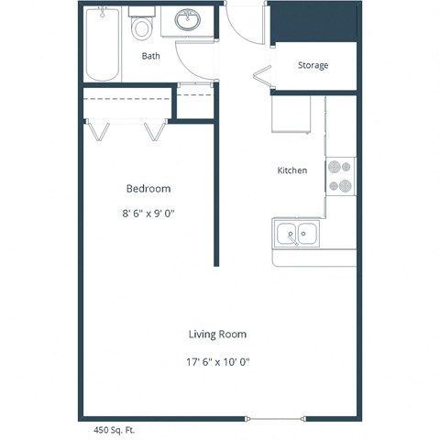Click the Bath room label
[x=151, y=56]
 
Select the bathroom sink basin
[x=189, y=20]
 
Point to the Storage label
[x=313, y=66]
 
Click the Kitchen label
[x=292, y=170]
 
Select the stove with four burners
[x=341, y=176]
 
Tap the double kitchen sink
[x=298, y=234]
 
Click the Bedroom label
[x=148, y=189]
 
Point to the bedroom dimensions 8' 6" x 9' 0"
[x=148, y=214]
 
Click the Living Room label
[x=217, y=335]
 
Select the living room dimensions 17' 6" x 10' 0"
[x=217, y=361]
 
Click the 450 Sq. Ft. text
[x=109, y=428]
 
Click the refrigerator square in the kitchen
[x=291, y=114]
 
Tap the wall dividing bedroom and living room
[x=216, y=192]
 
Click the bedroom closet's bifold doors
[x=125, y=129]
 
